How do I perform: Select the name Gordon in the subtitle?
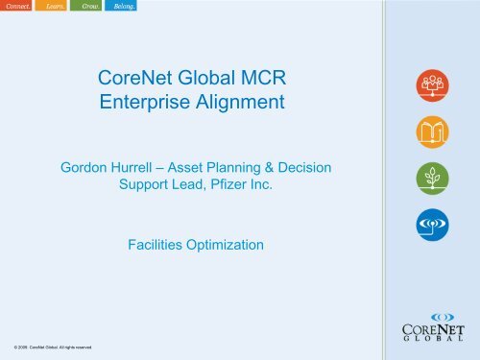(x=90, y=168)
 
